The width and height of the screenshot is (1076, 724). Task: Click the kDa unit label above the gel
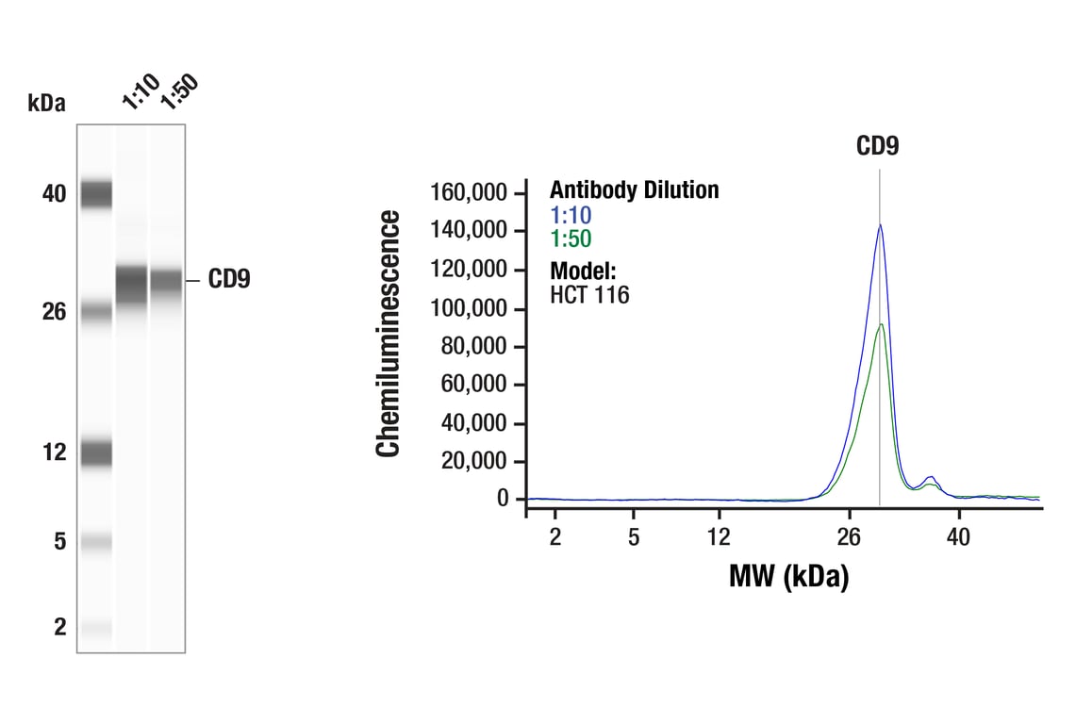(x=47, y=104)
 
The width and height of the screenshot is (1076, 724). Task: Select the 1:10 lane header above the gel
(x=141, y=91)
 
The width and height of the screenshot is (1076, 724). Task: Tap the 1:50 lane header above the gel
(x=178, y=91)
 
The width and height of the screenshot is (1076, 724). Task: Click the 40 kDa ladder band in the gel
(x=96, y=194)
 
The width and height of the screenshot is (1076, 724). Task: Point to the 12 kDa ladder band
(x=96, y=453)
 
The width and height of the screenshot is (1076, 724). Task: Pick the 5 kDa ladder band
(x=96, y=542)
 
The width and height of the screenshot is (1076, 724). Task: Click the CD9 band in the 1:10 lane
(x=132, y=283)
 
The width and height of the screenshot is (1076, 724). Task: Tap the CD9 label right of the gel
(x=229, y=280)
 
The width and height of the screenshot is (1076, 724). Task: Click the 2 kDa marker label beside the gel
(x=59, y=627)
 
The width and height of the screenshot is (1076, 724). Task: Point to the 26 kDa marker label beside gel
(x=54, y=311)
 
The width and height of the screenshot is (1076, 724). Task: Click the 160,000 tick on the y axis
(x=469, y=193)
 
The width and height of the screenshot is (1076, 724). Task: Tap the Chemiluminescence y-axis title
(x=389, y=335)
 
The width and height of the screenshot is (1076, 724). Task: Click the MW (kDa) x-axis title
(x=788, y=576)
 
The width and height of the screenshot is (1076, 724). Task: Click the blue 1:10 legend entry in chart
(x=571, y=215)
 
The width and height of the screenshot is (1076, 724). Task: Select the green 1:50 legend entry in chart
(x=571, y=239)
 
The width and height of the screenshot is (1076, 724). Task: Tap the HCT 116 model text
(x=589, y=295)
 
